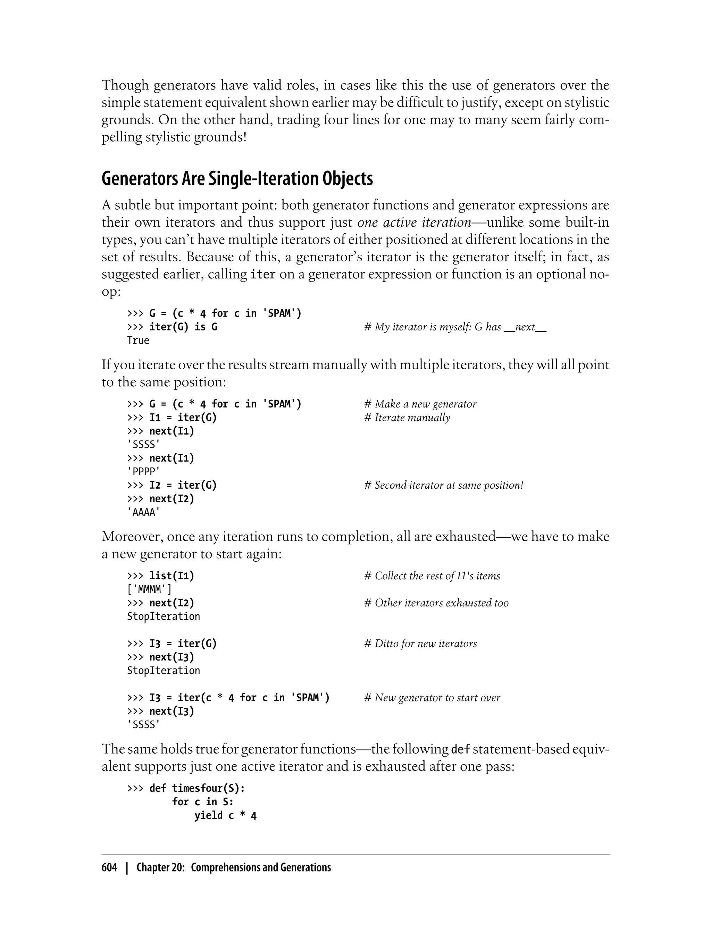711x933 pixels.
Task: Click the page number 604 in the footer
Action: click(109, 867)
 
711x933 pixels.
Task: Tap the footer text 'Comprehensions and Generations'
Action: click(261, 867)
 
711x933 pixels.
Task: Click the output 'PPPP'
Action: click(143, 471)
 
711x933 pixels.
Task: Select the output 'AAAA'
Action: click(143, 512)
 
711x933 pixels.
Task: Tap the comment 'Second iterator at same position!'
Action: click(444, 485)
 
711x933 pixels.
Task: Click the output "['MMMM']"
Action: click(149, 589)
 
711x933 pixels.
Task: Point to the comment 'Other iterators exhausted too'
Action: click(436, 603)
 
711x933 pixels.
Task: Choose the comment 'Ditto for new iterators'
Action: click(420, 644)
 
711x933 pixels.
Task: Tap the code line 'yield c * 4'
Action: click(225, 815)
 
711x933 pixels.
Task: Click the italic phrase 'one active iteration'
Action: click(414, 222)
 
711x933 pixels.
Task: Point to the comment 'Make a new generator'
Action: click(420, 404)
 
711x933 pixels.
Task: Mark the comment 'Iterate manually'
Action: click(407, 418)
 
